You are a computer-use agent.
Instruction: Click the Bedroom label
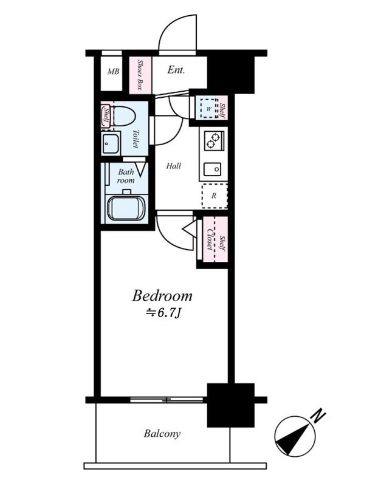(x=162, y=296)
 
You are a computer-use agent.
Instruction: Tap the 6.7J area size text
(x=163, y=313)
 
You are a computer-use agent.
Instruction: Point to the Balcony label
(x=162, y=433)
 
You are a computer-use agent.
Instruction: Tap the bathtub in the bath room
(x=126, y=208)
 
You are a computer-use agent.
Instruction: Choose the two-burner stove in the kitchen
(x=214, y=141)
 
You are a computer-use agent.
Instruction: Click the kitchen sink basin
(x=213, y=169)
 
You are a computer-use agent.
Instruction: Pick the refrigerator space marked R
(x=215, y=196)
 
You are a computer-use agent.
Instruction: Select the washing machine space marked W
(x=208, y=108)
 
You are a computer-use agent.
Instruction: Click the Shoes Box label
(x=140, y=75)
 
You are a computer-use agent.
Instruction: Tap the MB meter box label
(x=113, y=72)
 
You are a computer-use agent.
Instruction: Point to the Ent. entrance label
(x=176, y=70)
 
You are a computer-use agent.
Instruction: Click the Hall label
(x=174, y=166)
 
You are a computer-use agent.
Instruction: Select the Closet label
(x=210, y=239)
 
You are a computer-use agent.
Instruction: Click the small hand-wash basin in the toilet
(x=110, y=144)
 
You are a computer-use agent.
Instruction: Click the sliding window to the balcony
(x=167, y=400)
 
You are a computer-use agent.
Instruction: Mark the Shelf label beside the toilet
(x=106, y=115)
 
